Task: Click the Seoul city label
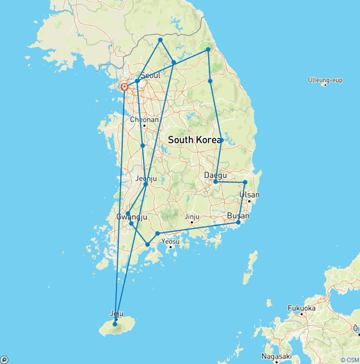click(x=150, y=76)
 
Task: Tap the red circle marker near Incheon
click(x=125, y=87)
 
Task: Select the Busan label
click(x=238, y=216)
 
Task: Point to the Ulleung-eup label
click(x=325, y=80)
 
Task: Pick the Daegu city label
click(x=215, y=175)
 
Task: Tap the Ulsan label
click(x=249, y=195)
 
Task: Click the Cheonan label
click(x=144, y=120)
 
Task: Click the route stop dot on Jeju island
click(x=115, y=324)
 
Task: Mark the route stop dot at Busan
click(x=238, y=222)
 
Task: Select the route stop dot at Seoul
click(x=137, y=81)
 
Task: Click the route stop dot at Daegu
click(x=215, y=182)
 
